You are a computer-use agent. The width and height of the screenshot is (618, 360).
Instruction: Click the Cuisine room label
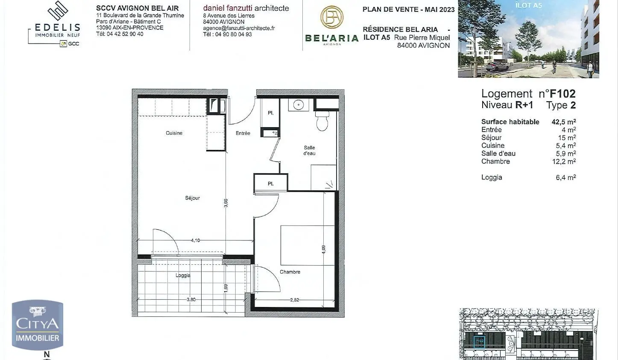pyautogui.click(x=174, y=133)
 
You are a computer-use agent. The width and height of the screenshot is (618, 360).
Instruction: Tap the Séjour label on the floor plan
pyautogui.click(x=192, y=198)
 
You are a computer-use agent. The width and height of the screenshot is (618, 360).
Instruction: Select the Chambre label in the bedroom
pyautogui.click(x=290, y=272)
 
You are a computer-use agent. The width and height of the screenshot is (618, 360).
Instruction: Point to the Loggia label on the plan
pyautogui.click(x=183, y=275)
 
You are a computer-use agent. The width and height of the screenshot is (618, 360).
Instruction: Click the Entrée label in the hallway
pyautogui.click(x=243, y=133)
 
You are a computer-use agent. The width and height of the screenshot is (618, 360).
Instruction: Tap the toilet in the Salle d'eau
pyautogui.click(x=322, y=121)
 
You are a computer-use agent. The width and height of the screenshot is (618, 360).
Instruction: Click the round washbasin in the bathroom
pyautogui.click(x=298, y=105)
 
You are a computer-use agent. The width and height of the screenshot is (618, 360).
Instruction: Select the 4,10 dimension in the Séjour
pyautogui.click(x=195, y=240)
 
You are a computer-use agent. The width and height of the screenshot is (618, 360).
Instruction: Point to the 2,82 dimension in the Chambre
pyautogui.click(x=294, y=300)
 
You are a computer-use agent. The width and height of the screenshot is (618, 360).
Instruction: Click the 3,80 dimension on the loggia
pyautogui.click(x=191, y=299)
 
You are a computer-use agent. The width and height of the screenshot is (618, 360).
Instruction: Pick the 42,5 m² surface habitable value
pyautogui.click(x=563, y=122)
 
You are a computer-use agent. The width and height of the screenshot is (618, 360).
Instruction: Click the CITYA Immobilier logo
pyautogui.click(x=38, y=325)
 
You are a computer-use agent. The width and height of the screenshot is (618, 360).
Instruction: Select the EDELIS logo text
pyautogui.click(x=57, y=27)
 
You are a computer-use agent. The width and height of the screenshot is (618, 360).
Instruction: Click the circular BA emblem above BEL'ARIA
pyautogui.click(x=332, y=18)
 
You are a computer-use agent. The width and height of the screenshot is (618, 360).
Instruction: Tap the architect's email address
pyautogui.click(x=239, y=28)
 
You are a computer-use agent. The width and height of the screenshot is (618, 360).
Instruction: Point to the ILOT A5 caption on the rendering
pyautogui.click(x=528, y=6)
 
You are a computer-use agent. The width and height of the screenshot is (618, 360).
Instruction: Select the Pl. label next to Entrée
pyautogui.click(x=270, y=113)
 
